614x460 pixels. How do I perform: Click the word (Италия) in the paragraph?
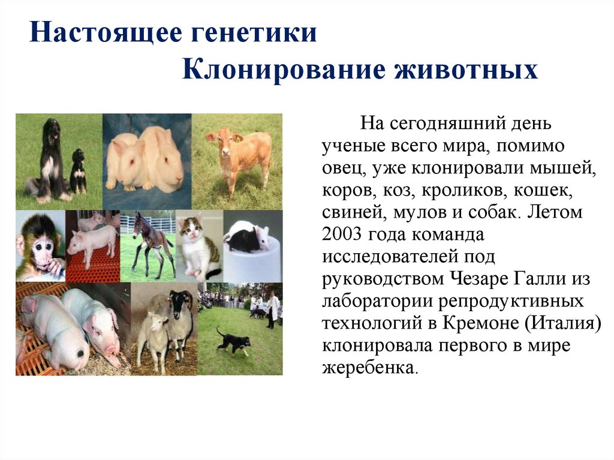click(x=563, y=323)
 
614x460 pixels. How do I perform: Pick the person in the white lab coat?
click(x=273, y=309)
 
